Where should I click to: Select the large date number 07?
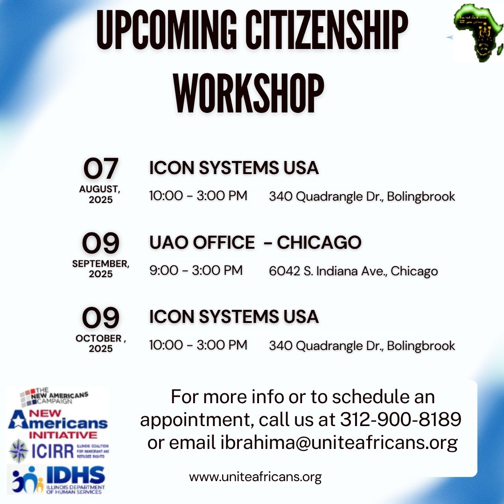click(100, 169)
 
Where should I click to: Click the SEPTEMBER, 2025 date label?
click(101, 268)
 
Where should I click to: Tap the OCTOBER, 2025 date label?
click(101, 343)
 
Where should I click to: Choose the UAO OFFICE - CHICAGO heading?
click(255, 242)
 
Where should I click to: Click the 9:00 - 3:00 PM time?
click(196, 270)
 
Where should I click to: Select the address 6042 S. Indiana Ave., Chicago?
click(353, 271)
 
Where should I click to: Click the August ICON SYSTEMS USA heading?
click(234, 168)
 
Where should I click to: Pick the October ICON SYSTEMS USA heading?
click(234, 317)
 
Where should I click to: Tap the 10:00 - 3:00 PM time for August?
click(198, 196)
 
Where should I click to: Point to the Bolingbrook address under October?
click(362, 346)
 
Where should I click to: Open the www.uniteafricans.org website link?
click(255, 477)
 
